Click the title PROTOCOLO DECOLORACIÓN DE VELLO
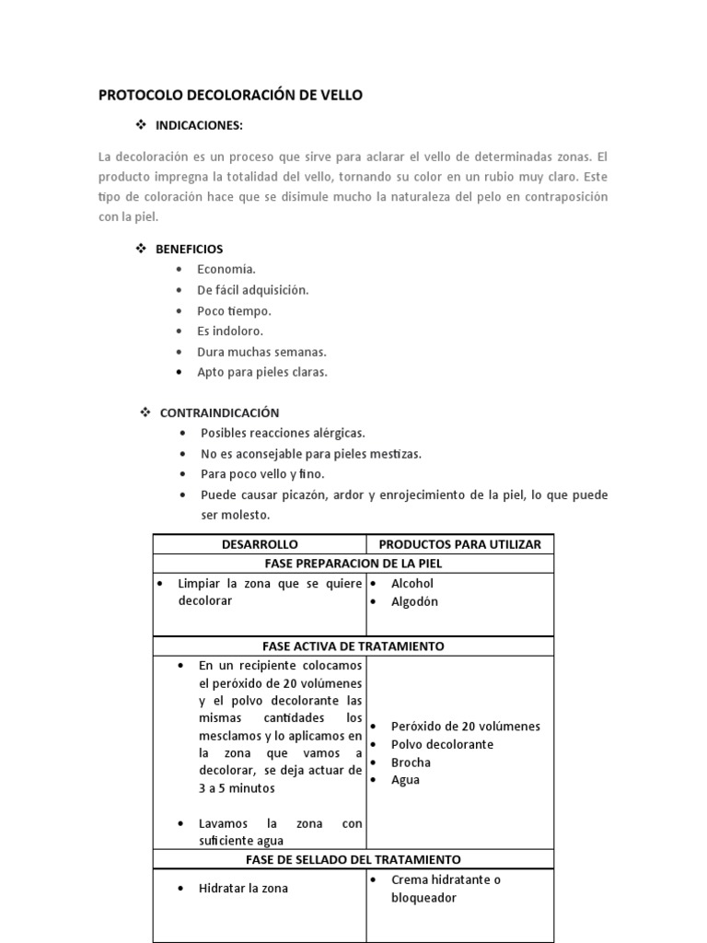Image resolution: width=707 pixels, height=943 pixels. [x=230, y=94]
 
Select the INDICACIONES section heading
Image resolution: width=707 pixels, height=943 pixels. [x=199, y=124]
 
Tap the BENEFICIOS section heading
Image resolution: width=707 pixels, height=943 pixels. [x=189, y=249]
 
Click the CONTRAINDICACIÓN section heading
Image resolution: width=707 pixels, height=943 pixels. [x=219, y=413]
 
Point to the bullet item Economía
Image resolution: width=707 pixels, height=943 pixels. [x=226, y=269]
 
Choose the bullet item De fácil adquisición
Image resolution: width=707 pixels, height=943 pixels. [x=252, y=290]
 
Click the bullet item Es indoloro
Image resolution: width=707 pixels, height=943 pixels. [x=230, y=331]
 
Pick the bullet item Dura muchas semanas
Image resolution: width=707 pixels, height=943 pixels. [x=261, y=352]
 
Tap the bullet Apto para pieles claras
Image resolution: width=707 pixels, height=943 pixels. [x=261, y=372]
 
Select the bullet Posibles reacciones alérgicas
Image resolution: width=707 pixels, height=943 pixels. [x=283, y=433]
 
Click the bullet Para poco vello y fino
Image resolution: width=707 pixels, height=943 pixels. [x=262, y=473]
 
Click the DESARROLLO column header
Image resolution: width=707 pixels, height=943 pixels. [x=260, y=544]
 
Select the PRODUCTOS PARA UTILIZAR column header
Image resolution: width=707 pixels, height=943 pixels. [x=460, y=544]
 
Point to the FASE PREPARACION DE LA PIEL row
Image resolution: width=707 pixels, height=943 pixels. [x=353, y=563]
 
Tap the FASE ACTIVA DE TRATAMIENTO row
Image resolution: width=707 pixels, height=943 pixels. [x=353, y=646]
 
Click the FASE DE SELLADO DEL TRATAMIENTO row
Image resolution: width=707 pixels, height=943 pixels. [x=353, y=858]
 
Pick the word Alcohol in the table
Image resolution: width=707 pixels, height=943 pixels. [x=411, y=583]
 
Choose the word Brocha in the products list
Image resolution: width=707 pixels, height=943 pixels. [x=411, y=762]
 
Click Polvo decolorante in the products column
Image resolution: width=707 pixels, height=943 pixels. [x=442, y=744]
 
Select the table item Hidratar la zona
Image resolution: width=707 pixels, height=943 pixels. [x=243, y=889]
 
